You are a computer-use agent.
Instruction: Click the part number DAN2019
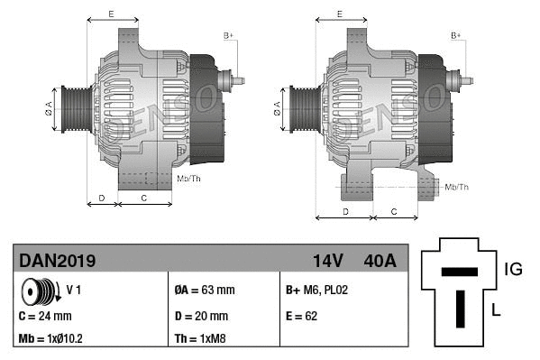tap(58, 262)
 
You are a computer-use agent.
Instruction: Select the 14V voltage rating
tap(327, 262)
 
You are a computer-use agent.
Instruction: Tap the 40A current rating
tap(378, 262)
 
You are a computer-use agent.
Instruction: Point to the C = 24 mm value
tap(45, 316)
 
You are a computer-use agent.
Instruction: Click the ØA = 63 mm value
tap(204, 291)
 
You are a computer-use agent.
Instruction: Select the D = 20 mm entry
tap(200, 316)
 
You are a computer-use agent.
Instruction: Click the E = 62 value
tap(302, 316)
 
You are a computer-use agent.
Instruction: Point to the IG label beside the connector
tap(513, 268)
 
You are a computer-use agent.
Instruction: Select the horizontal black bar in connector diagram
tap(459, 271)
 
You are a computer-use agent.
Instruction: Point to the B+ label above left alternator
tap(228, 35)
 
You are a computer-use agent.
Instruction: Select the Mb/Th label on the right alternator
tap(457, 187)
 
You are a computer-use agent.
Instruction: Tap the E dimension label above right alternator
tap(339, 14)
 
